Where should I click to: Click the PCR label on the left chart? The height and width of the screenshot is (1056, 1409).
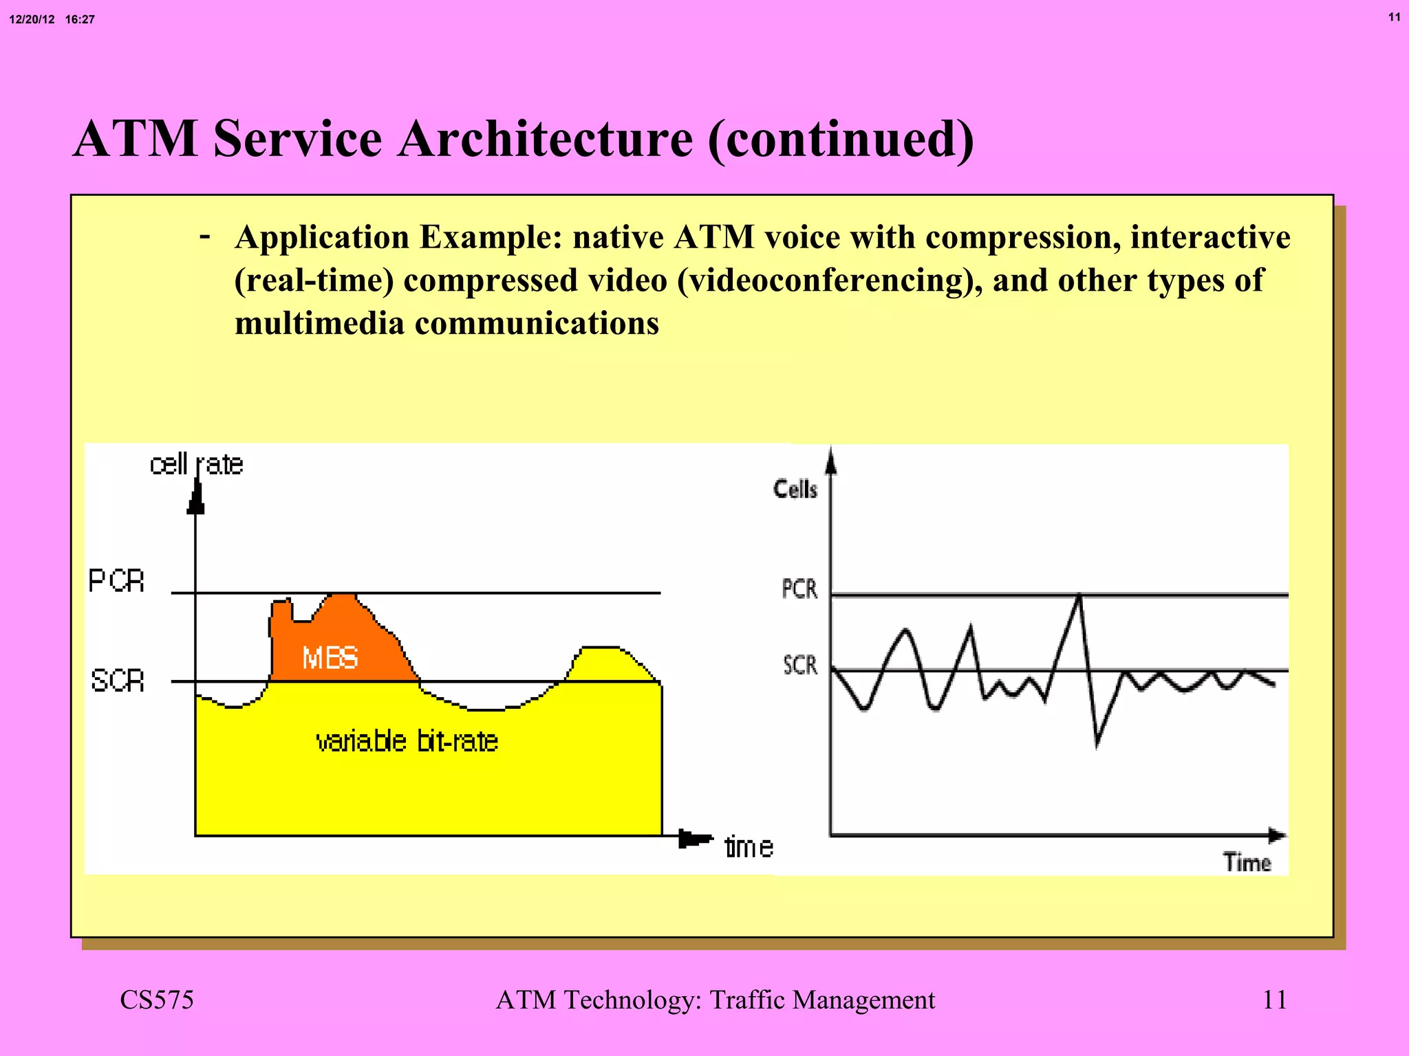pos(116,582)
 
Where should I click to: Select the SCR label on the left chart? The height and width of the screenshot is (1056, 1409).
pos(118,681)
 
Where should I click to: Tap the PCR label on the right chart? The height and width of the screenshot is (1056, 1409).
pos(799,589)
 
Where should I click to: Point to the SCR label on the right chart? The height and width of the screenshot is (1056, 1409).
pos(800,665)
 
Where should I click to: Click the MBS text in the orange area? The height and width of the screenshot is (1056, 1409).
pos(330,659)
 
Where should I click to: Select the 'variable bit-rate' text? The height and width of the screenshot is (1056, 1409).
pos(407,741)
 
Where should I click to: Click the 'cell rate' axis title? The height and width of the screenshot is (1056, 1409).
pos(196,465)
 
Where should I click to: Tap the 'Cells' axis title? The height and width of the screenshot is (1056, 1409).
pos(795,489)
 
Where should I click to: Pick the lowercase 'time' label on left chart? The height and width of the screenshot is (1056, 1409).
pos(749,847)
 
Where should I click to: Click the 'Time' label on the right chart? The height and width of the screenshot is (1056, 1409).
pos(1247,862)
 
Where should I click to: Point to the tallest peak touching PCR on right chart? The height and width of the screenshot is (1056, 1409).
pos(1079,595)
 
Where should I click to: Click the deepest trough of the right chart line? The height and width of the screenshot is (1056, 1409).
pos(1097,744)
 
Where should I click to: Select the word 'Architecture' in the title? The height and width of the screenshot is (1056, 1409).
pos(546,138)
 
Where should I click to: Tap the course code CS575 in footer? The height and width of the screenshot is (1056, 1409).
pos(157,1000)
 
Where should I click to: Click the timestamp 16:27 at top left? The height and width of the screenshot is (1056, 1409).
pos(80,19)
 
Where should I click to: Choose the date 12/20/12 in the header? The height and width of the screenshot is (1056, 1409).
pos(32,19)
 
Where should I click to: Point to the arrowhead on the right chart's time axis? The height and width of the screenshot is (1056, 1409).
pos(1277,836)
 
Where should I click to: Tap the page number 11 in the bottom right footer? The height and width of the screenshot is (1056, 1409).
pos(1275,1000)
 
